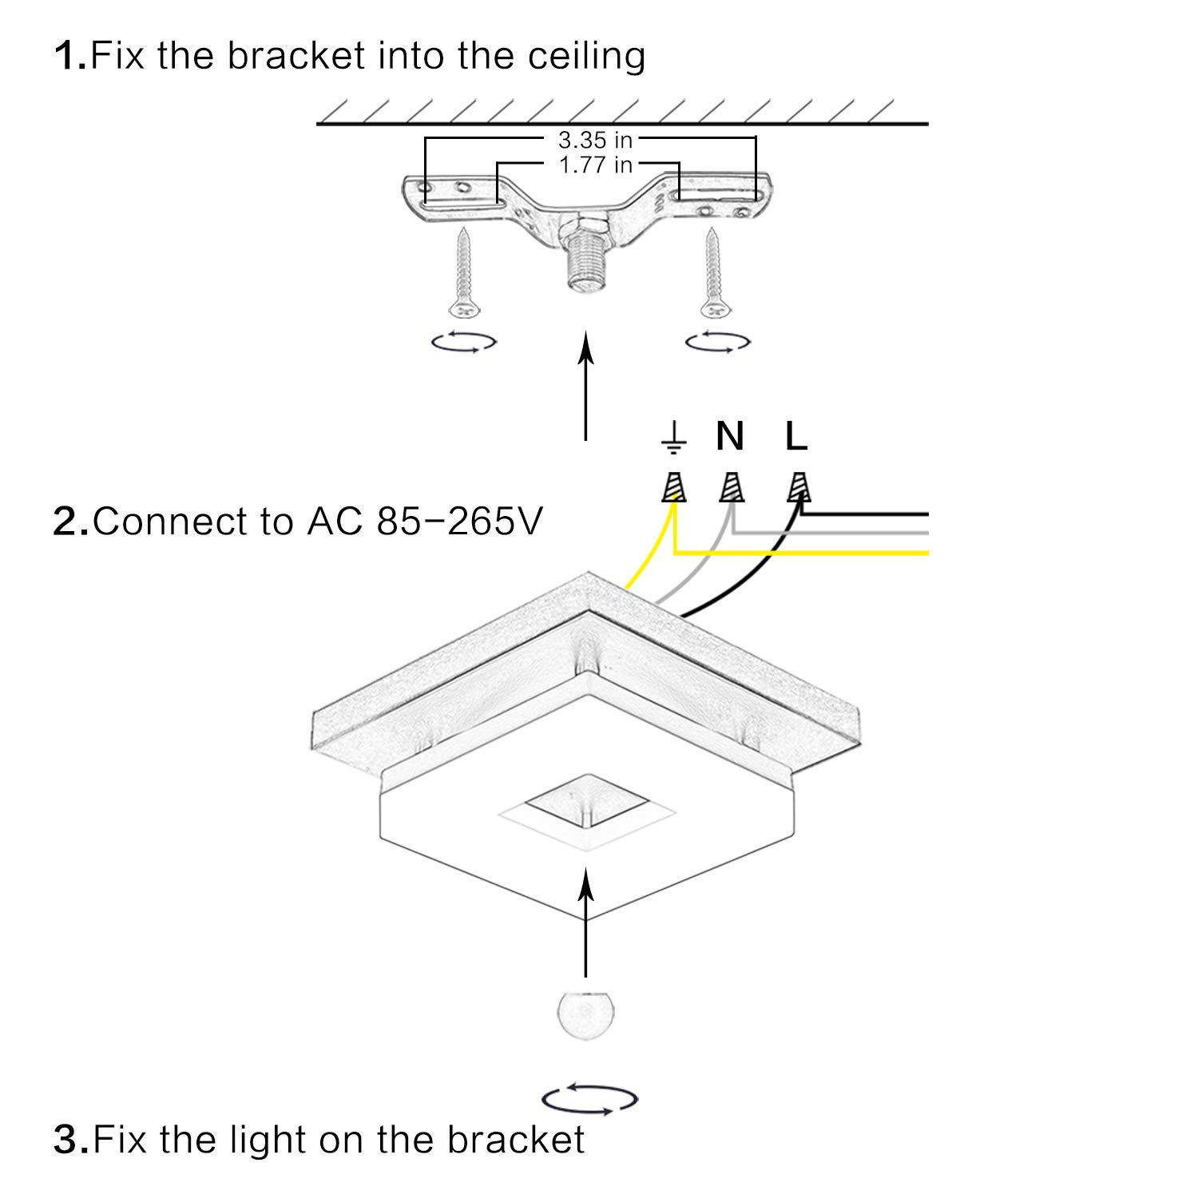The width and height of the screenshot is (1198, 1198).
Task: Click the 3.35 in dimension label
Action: [595, 141]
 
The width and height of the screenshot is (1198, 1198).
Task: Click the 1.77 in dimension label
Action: [595, 165]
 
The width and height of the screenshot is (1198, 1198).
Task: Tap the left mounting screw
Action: [463, 272]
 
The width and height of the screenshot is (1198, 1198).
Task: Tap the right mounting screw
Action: [713, 272]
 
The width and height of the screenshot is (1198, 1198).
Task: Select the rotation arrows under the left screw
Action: [464, 342]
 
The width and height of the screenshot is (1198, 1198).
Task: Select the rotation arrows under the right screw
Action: [718, 342]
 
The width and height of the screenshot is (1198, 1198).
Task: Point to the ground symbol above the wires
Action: [674, 437]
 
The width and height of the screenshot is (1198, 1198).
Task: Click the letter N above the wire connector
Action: [730, 436]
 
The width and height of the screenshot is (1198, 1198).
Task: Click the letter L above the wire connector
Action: [796, 436]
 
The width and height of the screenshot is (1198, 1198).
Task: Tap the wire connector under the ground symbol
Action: [675, 486]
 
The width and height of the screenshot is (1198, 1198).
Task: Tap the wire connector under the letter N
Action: [732, 486]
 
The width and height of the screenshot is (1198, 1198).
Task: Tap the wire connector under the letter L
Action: [798, 486]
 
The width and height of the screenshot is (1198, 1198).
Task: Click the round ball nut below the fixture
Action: [587, 1014]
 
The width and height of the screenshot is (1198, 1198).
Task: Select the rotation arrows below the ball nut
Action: [589, 1099]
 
